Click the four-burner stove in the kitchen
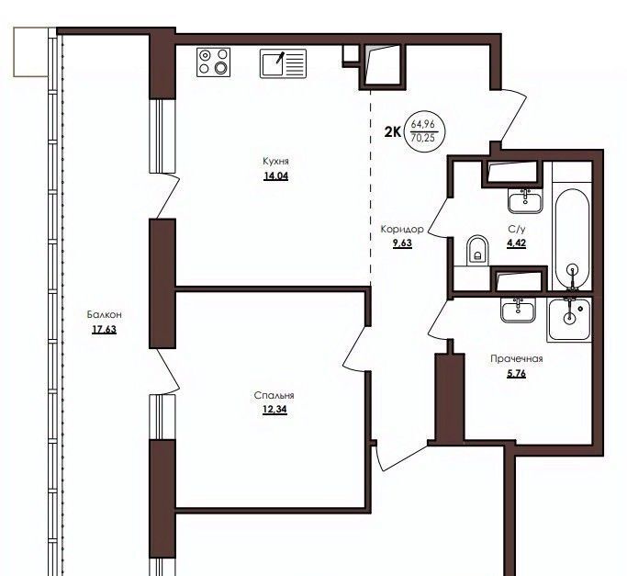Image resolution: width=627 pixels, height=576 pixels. click(x=214, y=62)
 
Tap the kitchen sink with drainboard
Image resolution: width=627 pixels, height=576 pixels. click(x=283, y=63)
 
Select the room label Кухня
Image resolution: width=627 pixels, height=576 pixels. click(x=275, y=161)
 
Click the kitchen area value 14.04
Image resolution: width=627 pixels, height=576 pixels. click(x=276, y=175)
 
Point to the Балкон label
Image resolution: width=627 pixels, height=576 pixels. click(x=105, y=314)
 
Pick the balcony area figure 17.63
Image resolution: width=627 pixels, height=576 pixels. click(x=105, y=330)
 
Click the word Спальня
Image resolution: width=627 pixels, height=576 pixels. click(x=274, y=395)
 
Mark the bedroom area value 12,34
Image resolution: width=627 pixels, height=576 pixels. click(x=274, y=410)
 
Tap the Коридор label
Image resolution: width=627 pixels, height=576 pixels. click(x=402, y=229)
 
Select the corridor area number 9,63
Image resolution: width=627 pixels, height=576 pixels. click(x=402, y=243)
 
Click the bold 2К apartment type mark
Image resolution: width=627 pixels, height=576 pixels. click(x=393, y=131)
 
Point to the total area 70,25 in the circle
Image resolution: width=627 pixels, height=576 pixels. click(x=422, y=139)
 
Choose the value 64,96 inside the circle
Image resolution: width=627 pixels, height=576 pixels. click(x=422, y=124)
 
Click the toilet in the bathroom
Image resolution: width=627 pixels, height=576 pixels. click(x=477, y=250)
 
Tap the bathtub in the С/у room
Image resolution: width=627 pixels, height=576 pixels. click(x=572, y=240)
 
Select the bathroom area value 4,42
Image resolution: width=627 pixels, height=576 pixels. click(x=516, y=243)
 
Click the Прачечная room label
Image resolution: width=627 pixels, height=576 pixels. click(x=517, y=358)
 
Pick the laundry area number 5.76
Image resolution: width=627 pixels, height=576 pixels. click(x=516, y=374)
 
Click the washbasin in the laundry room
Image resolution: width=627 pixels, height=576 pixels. click(x=519, y=311)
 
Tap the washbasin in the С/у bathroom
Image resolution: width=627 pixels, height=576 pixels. click(x=525, y=200)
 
